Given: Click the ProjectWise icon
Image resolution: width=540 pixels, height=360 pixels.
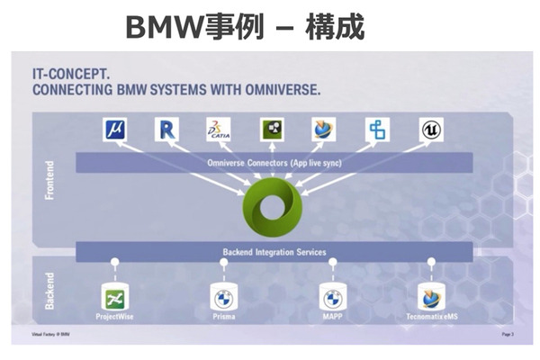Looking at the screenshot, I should point(115,297).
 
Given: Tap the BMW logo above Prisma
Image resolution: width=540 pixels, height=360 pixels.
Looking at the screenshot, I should point(222,297).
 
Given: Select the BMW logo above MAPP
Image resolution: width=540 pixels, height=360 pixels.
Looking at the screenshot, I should point(332,297).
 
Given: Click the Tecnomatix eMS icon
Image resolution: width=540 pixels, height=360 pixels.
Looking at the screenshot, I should point(430,297).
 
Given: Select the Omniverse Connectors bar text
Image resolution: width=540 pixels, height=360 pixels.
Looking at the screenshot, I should point(273,162).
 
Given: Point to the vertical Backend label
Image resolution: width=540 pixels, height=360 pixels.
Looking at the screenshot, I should point(50,290).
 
